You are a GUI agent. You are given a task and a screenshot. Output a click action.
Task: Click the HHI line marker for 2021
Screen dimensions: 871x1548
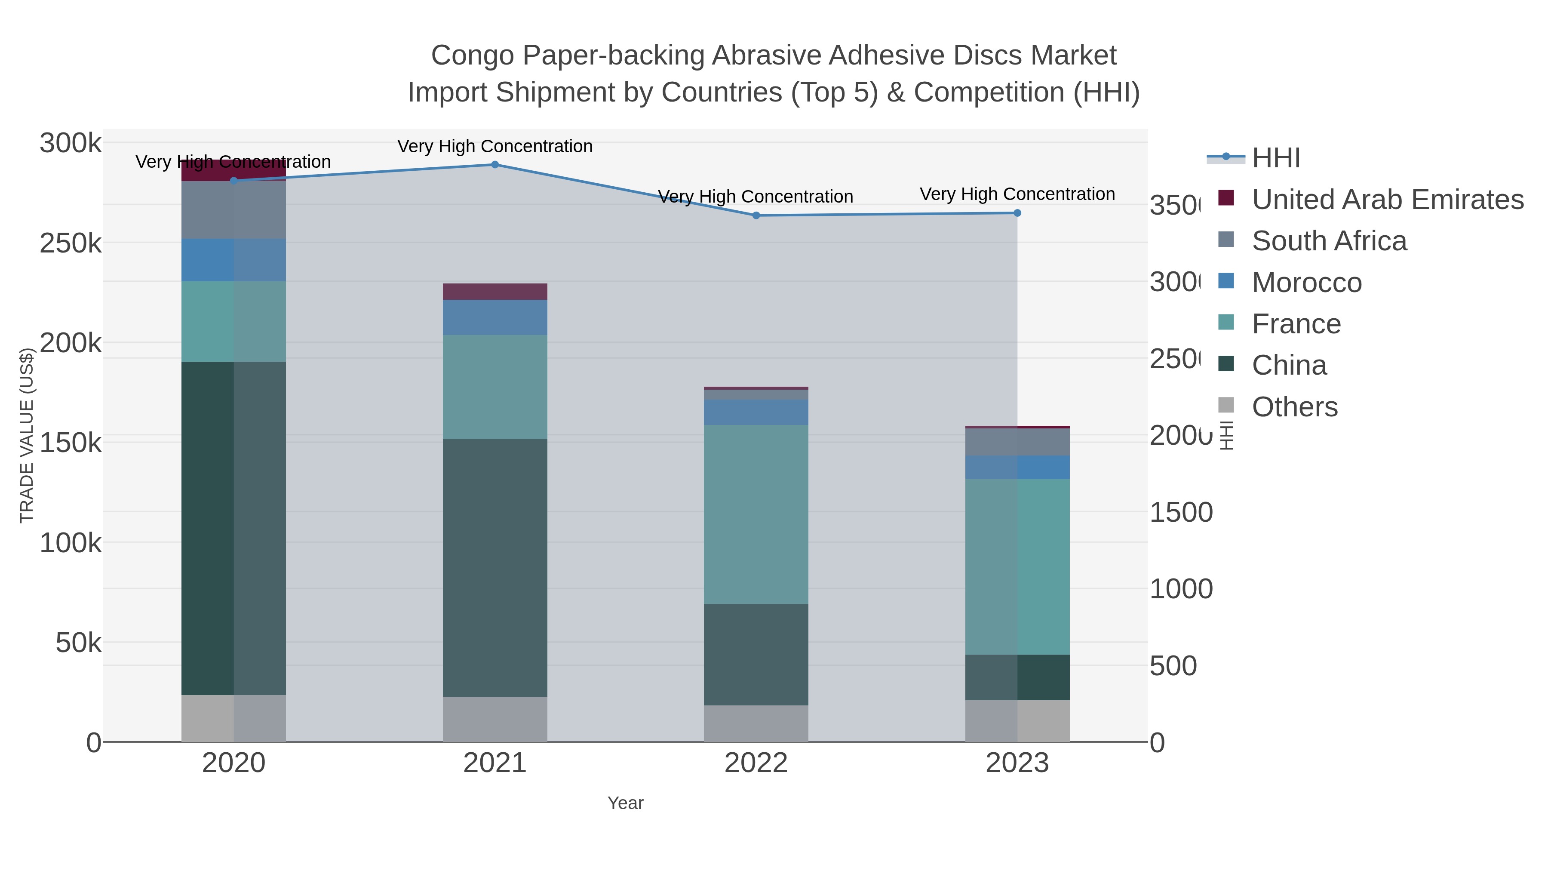[494, 165]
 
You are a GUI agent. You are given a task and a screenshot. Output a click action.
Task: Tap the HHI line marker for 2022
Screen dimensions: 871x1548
[756, 215]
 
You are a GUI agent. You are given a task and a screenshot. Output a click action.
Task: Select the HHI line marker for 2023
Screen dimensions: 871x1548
[1017, 213]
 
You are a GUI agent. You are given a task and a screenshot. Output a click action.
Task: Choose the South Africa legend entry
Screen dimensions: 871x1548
[1329, 241]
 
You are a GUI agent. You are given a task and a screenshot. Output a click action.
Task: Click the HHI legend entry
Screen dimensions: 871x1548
[1276, 158]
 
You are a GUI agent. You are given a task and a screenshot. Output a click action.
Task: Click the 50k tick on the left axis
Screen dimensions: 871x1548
[78, 643]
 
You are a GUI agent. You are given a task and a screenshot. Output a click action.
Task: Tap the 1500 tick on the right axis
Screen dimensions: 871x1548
[1181, 513]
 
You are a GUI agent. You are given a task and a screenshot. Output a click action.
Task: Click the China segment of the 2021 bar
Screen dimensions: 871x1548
[494, 568]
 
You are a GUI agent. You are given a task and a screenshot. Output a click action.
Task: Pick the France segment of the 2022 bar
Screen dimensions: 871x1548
[756, 514]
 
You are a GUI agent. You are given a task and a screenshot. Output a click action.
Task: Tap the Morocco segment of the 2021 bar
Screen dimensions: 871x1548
[494, 317]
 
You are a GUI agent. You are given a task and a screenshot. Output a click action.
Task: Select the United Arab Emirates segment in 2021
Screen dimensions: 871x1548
[494, 292]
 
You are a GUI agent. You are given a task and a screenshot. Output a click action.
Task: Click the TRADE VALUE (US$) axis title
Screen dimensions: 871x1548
[27, 435]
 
